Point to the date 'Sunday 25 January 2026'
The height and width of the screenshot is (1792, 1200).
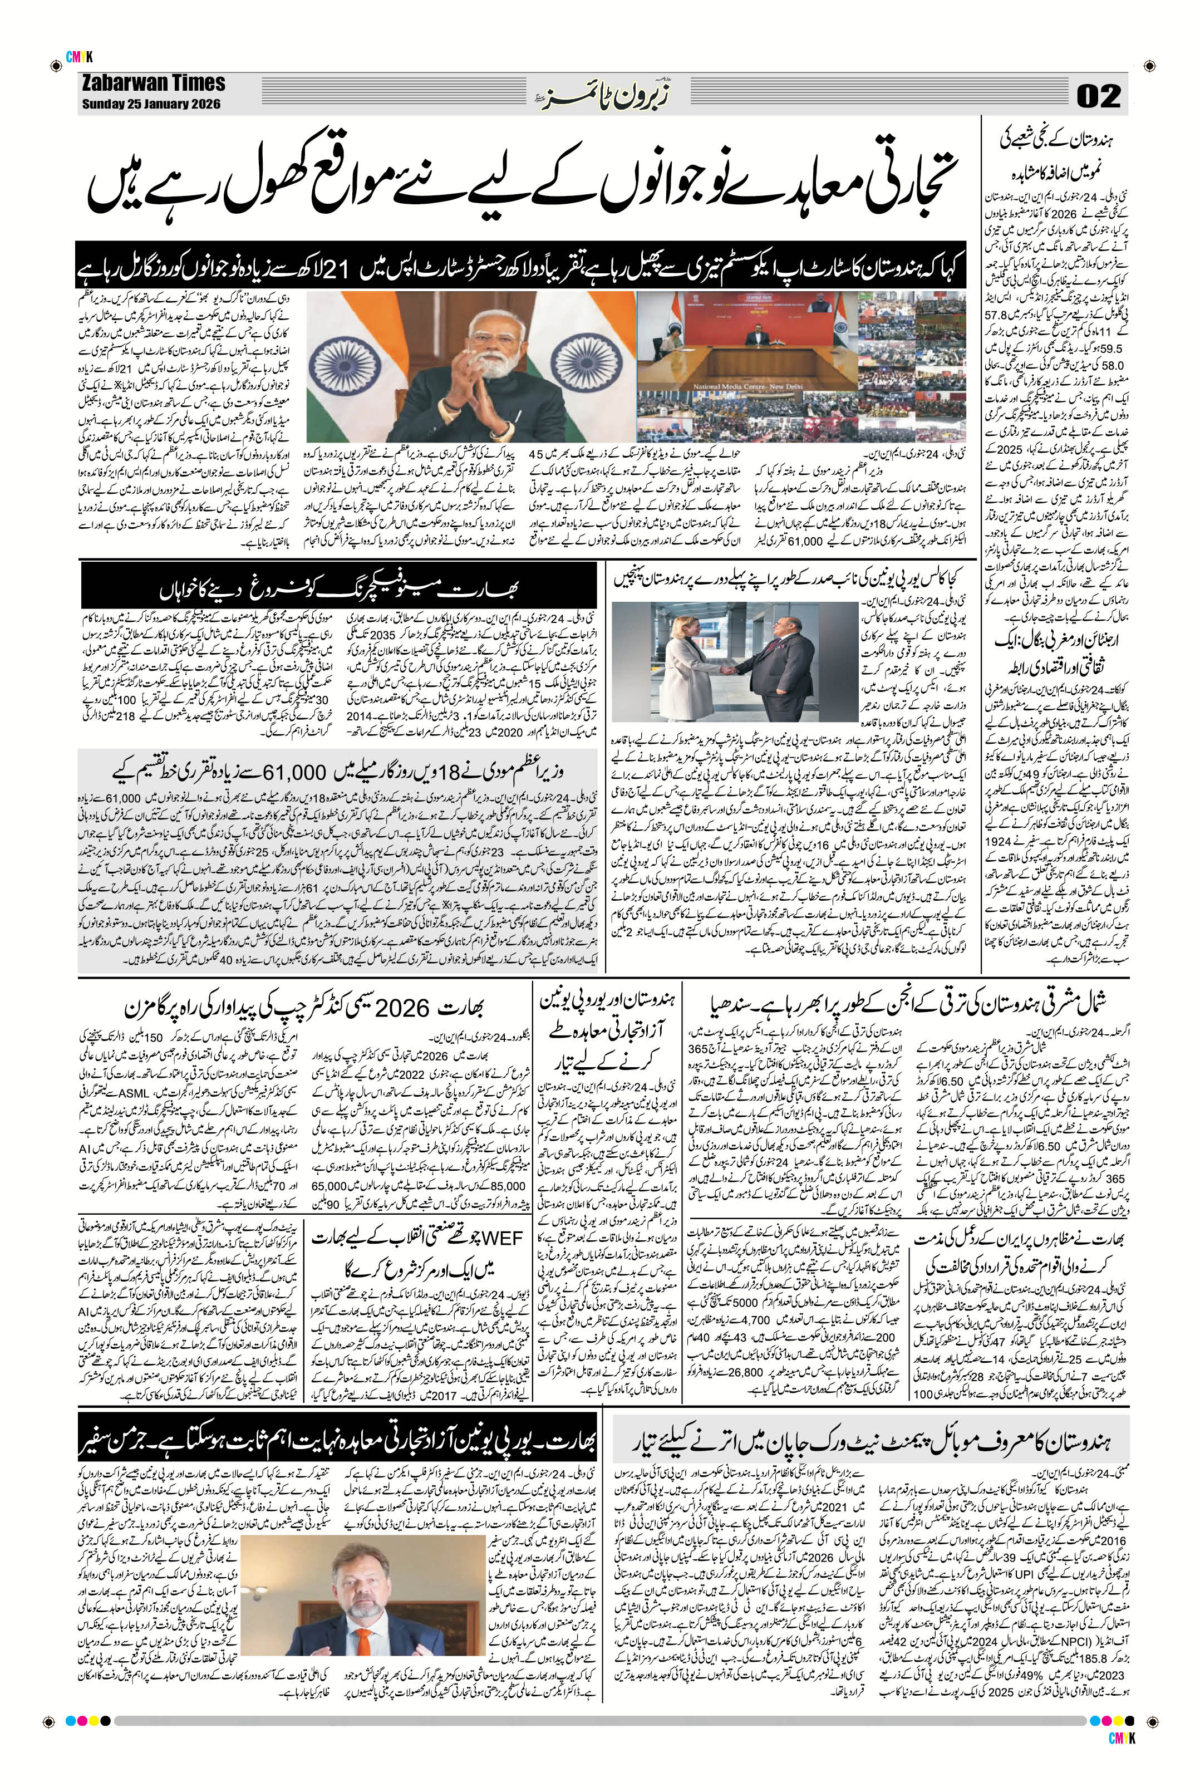(150, 104)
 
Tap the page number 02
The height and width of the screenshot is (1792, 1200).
(1098, 96)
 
